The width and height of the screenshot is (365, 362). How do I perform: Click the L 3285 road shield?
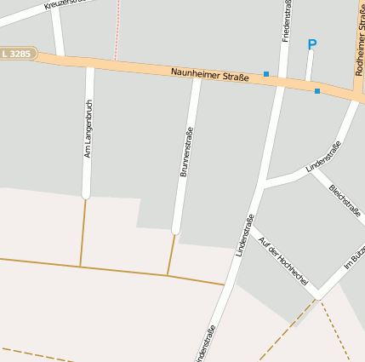[17, 54]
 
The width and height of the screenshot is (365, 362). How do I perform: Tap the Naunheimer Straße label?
[209, 76]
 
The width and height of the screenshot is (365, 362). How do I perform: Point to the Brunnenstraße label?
[185, 152]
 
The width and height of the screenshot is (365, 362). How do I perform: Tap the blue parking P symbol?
[311, 44]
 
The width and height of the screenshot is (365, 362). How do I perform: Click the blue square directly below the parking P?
[317, 90]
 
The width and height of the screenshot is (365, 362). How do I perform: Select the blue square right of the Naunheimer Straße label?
[266, 74]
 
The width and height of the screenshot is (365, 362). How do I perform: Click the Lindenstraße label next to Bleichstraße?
[323, 158]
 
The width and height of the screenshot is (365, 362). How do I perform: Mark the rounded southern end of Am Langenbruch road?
[86, 194]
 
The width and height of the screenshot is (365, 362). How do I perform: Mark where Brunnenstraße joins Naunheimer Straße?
[196, 75]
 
